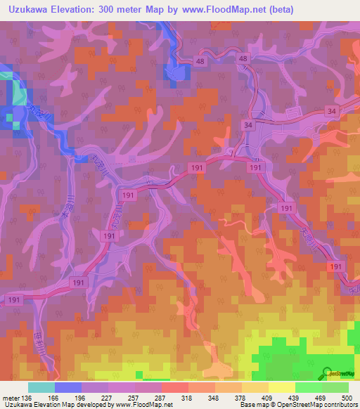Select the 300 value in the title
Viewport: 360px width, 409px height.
coord(109,9)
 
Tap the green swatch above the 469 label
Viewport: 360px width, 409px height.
coord(308,388)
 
